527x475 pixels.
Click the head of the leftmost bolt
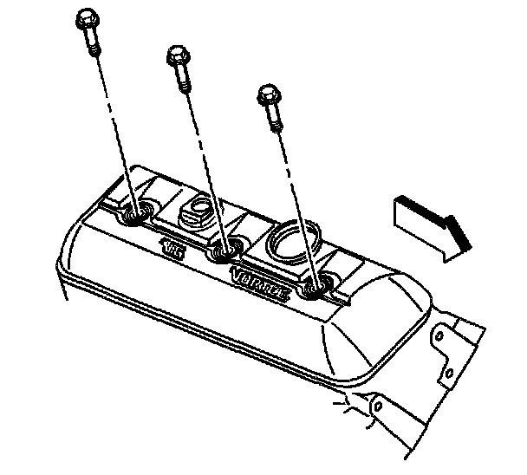(x=86, y=17)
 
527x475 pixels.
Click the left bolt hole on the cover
(x=137, y=214)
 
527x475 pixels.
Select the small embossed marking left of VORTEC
(x=174, y=248)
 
